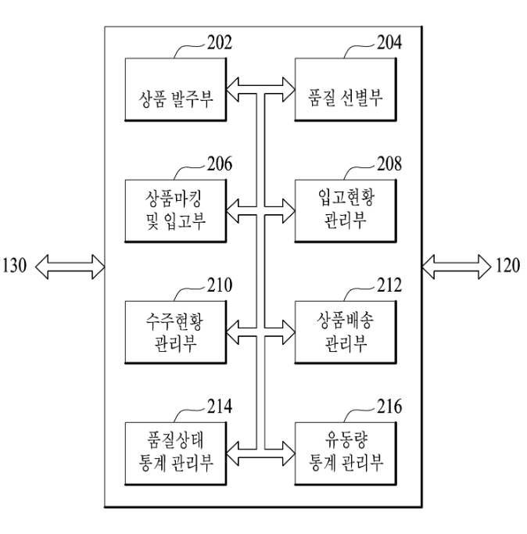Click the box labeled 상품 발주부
pyautogui.click(x=175, y=89)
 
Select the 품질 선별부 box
pyautogui.click(x=346, y=89)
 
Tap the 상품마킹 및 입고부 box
pyautogui.click(x=175, y=211)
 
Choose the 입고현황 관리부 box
pyautogui.click(x=346, y=211)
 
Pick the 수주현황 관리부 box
pyautogui.click(x=175, y=332)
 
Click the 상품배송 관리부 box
pyautogui.click(x=346, y=332)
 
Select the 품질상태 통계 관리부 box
pyautogui.click(x=175, y=453)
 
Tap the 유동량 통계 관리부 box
pyautogui.click(x=346, y=453)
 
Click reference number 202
pyautogui.click(x=220, y=42)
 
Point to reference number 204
pyautogui.click(x=389, y=42)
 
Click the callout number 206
pyautogui.click(x=220, y=164)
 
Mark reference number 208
pyautogui.click(x=389, y=164)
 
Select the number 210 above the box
pyautogui.click(x=220, y=285)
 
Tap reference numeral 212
pyautogui.click(x=389, y=285)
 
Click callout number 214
pyautogui.click(x=220, y=407)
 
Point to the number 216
pyautogui.click(x=389, y=407)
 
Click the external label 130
pyautogui.click(x=14, y=265)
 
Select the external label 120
pyautogui.click(x=508, y=265)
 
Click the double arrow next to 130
pyautogui.click(x=70, y=267)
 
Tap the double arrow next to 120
pyautogui.click(x=457, y=267)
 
